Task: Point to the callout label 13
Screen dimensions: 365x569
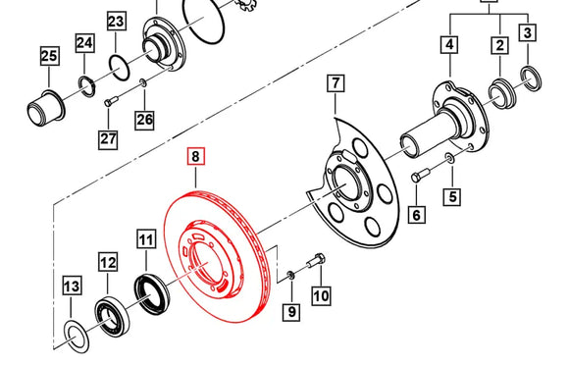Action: click(x=71, y=287)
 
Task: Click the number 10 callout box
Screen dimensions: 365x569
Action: click(x=320, y=293)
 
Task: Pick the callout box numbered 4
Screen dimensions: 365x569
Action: click(x=449, y=44)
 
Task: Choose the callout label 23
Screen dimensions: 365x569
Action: click(x=116, y=22)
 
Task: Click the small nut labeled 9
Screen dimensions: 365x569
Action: click(x=291, y=276)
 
